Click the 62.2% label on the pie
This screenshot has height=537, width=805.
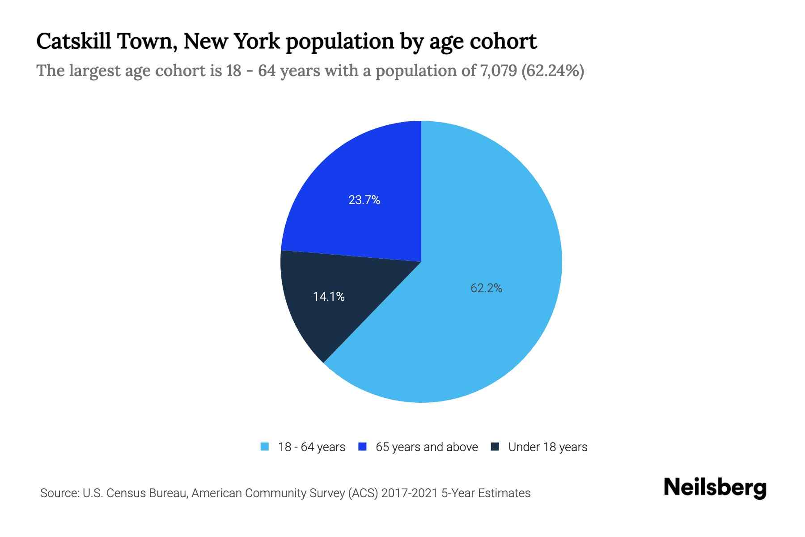coord(486,288)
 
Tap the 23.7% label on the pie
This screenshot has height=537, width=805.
coord(364,200)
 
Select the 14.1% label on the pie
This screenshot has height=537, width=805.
coord(329,297)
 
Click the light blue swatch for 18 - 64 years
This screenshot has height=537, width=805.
coord(265,447)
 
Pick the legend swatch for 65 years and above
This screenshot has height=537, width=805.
coord(363,447)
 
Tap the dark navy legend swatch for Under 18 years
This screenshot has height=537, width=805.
coord(495,447)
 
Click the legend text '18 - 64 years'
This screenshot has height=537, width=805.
coord(312,447)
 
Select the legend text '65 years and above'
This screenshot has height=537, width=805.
coord(427,447)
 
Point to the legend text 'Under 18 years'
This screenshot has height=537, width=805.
coord(548,447)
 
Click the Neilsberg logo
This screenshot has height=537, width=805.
coord(715,488)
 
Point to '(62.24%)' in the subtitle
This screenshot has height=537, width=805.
coord(553,71)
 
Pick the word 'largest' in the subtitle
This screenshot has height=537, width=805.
coord(93,71)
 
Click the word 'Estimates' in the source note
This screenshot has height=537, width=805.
coord(504,493)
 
